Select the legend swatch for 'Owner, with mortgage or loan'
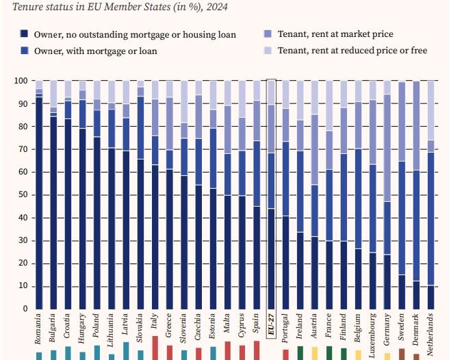click(24, 51)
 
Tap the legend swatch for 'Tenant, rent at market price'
click(267, 34)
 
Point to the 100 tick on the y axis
click(20, 81)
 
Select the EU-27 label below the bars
click(270, 326)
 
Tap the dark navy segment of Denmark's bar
click(416, 294)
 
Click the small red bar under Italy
click(155, 348)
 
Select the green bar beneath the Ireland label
click(300, 352)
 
